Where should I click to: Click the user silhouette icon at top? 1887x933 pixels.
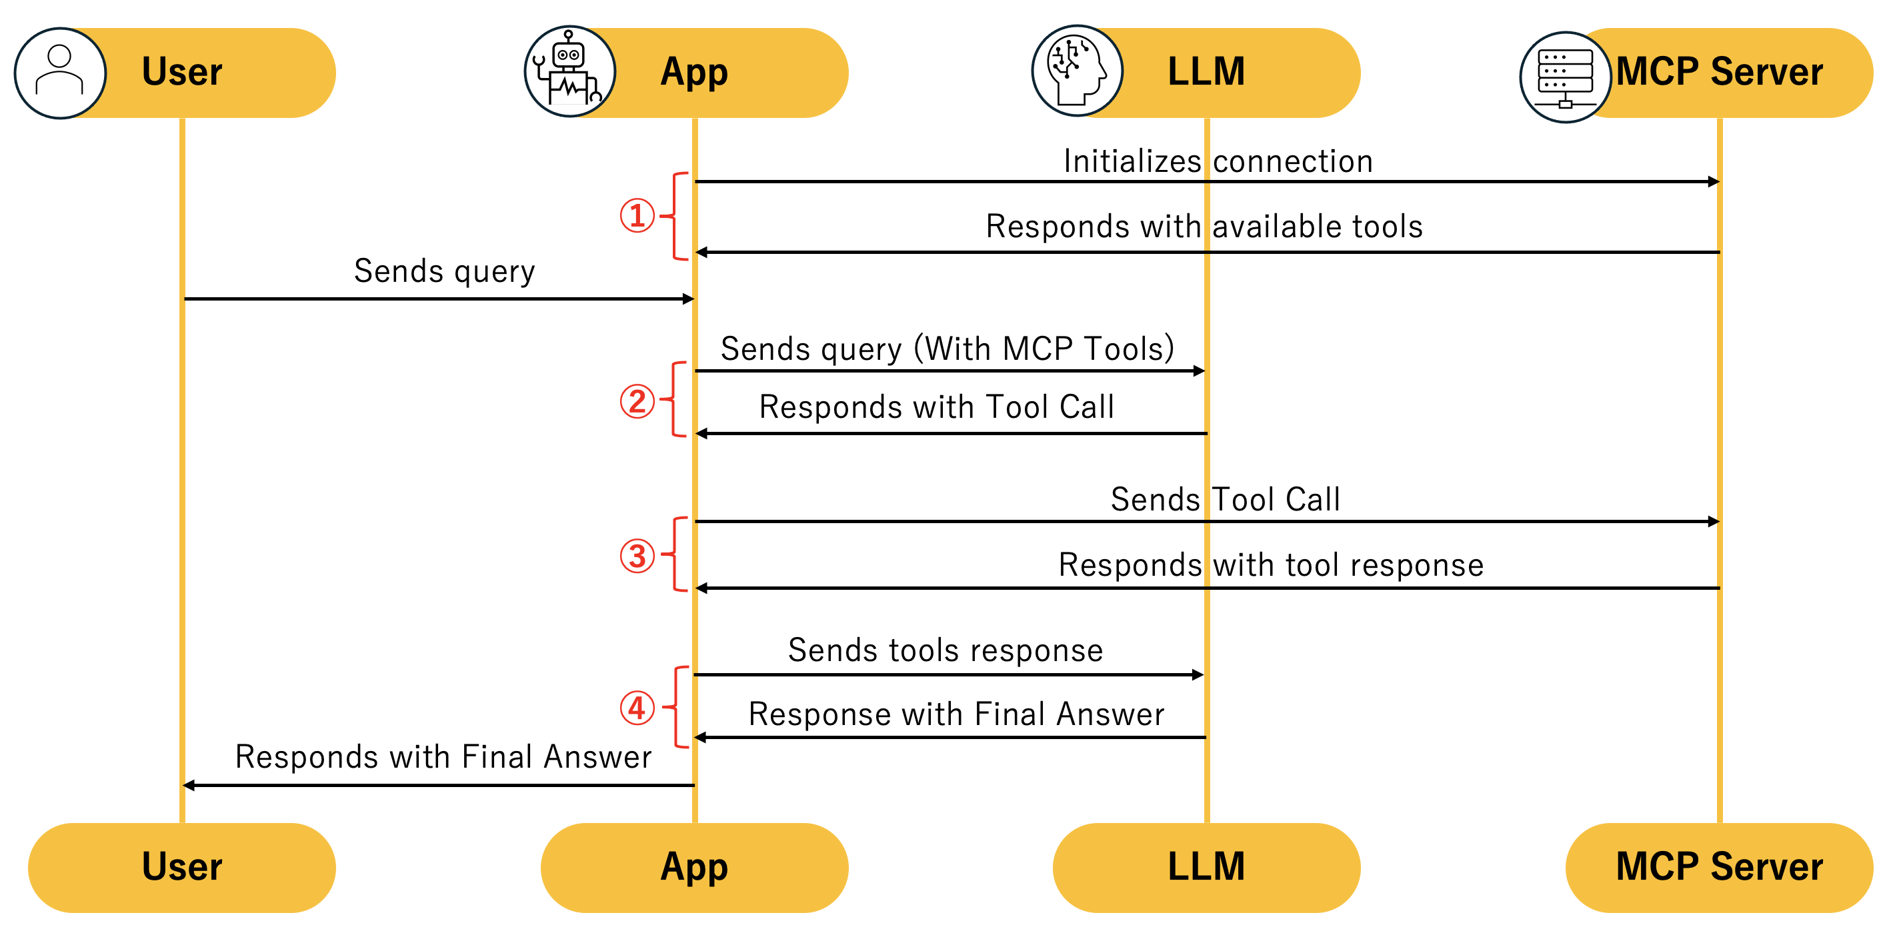point(59,73)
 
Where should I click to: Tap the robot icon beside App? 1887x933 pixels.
point(569,72)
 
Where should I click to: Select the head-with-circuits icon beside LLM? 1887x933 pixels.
point(1077,71)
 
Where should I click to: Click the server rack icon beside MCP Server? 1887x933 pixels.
point(1566,77)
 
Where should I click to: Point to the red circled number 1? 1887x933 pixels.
point(637,215)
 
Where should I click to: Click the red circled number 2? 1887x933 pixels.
point(637,401)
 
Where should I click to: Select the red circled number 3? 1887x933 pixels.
point(637,556)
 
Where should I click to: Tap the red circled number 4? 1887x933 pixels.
point(637,708)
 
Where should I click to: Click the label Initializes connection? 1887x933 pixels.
point(1218,161)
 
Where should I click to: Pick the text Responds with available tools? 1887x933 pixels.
point(1204,227)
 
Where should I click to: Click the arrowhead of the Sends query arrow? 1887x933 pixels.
point(688,299)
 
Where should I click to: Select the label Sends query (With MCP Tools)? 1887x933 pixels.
point(947,349)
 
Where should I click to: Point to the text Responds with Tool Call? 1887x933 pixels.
point(936,407)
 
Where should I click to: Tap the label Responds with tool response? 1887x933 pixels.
point(1271,565)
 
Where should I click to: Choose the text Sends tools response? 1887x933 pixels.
point(945,650)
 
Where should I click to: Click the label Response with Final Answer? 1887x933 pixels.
point(956,714)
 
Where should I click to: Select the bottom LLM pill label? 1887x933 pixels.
point(1206,867)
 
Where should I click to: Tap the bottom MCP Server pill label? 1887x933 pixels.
point(1718,867)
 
